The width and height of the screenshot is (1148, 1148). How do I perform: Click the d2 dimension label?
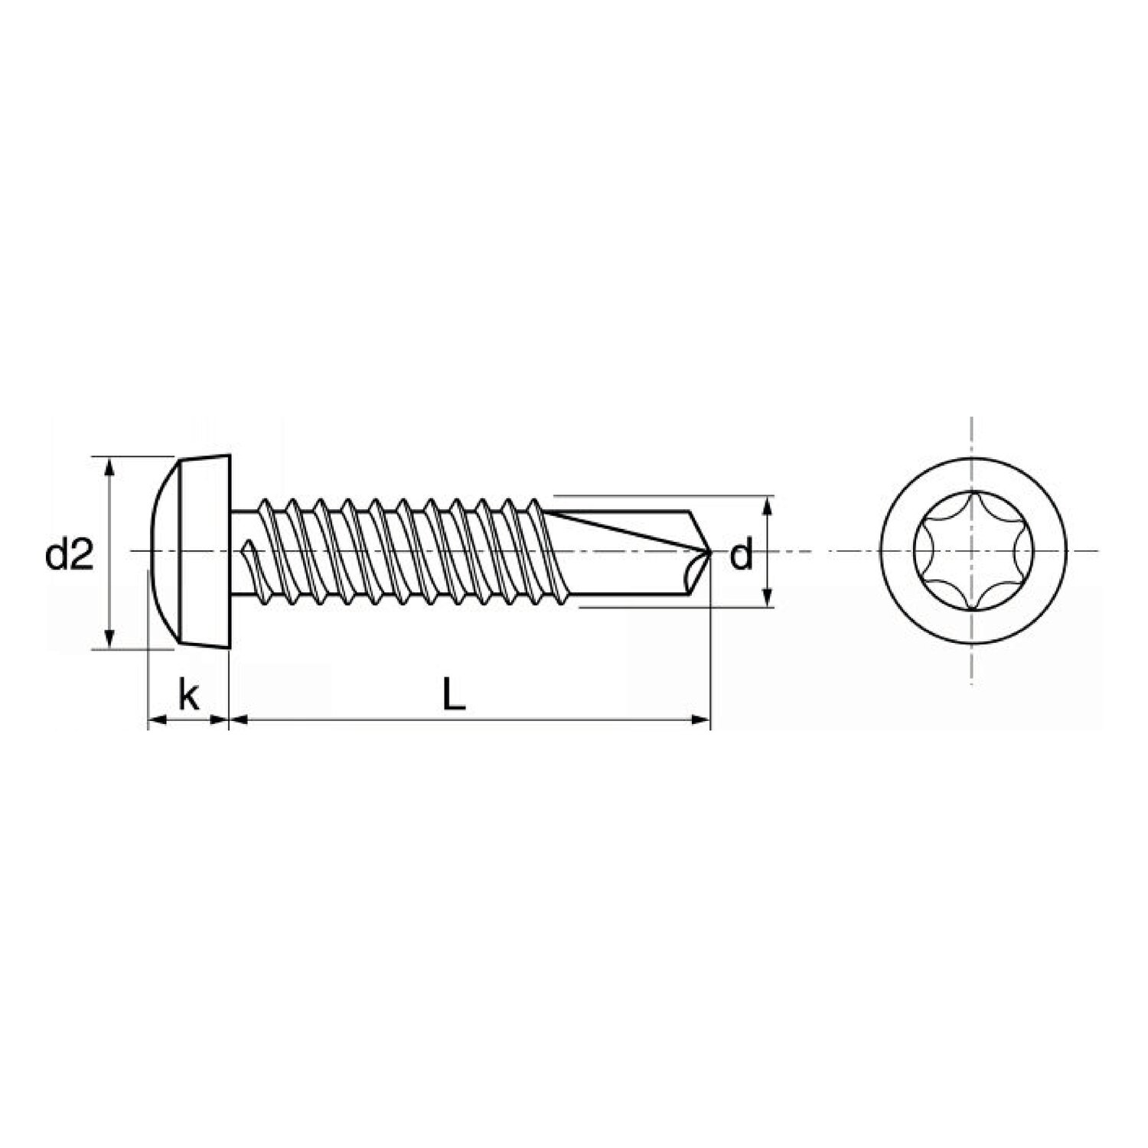pos(70,555)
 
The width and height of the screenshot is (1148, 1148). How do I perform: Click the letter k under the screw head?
pos(188,696)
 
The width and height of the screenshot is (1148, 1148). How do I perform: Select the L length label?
pos(454,696)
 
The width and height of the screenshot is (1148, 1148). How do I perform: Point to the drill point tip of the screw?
pos(710,551)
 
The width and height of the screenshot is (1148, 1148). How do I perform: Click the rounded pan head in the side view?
pos(188,551)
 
